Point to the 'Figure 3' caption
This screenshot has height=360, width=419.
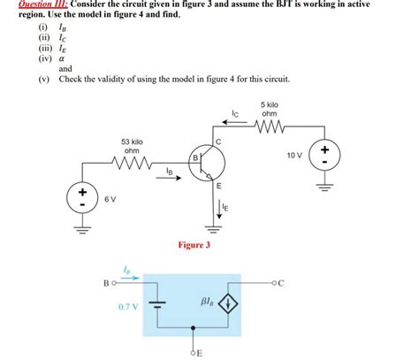point(194,245)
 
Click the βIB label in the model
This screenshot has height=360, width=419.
point(208,302)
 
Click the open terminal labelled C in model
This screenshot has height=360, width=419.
point(273,283)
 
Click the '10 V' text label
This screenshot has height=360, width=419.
point(294,155)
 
